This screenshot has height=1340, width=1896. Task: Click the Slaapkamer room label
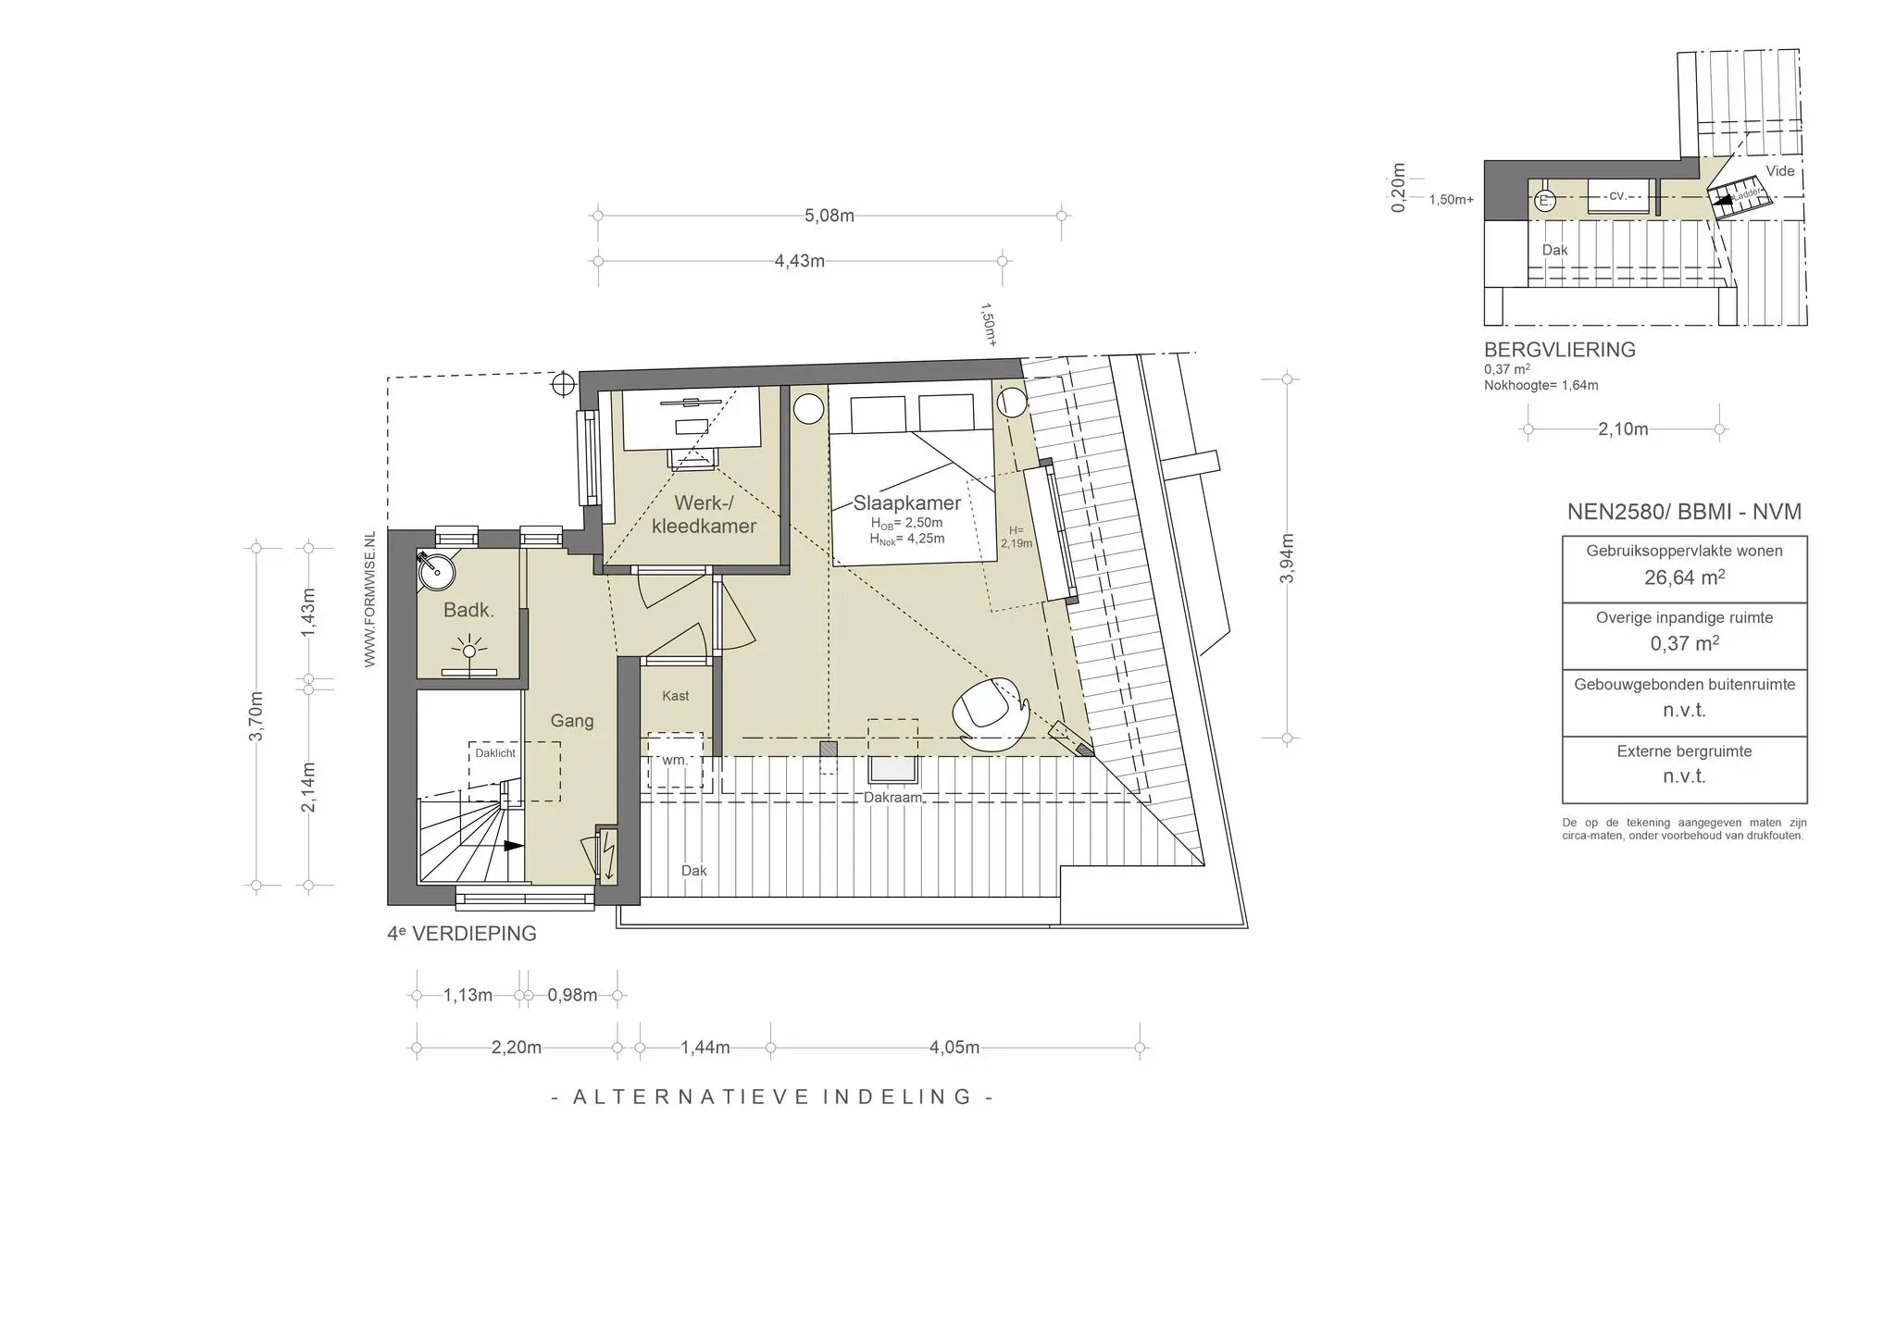[907, 503]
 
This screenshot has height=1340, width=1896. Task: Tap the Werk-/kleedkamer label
[704, 515]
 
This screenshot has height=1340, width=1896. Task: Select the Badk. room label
[468, 610]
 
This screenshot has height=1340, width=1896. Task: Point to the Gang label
[572, 721]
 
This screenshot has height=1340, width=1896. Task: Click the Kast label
[676, 696]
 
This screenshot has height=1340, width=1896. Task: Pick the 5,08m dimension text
[829, 216]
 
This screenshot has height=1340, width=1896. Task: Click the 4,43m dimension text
[800, 261]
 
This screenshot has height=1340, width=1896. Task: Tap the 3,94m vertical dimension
[1287, 559]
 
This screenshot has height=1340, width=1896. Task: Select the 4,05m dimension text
[954, 1048]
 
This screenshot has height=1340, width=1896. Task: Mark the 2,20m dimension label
[517, 1048]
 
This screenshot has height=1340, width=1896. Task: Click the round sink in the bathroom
[436, 571]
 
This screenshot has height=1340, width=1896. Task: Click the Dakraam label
[893, 797]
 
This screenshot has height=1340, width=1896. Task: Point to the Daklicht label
[495, 753]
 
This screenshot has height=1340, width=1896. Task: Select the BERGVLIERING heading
[1560, 350]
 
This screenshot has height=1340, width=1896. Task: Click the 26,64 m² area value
[1685, 577]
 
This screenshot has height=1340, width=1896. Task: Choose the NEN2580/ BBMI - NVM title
[1684, 512]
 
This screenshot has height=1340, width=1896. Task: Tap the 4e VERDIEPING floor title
[462, 934]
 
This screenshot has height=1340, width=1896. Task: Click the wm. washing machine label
[675, 760]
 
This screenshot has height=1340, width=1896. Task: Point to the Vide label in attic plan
[1780, 171]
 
